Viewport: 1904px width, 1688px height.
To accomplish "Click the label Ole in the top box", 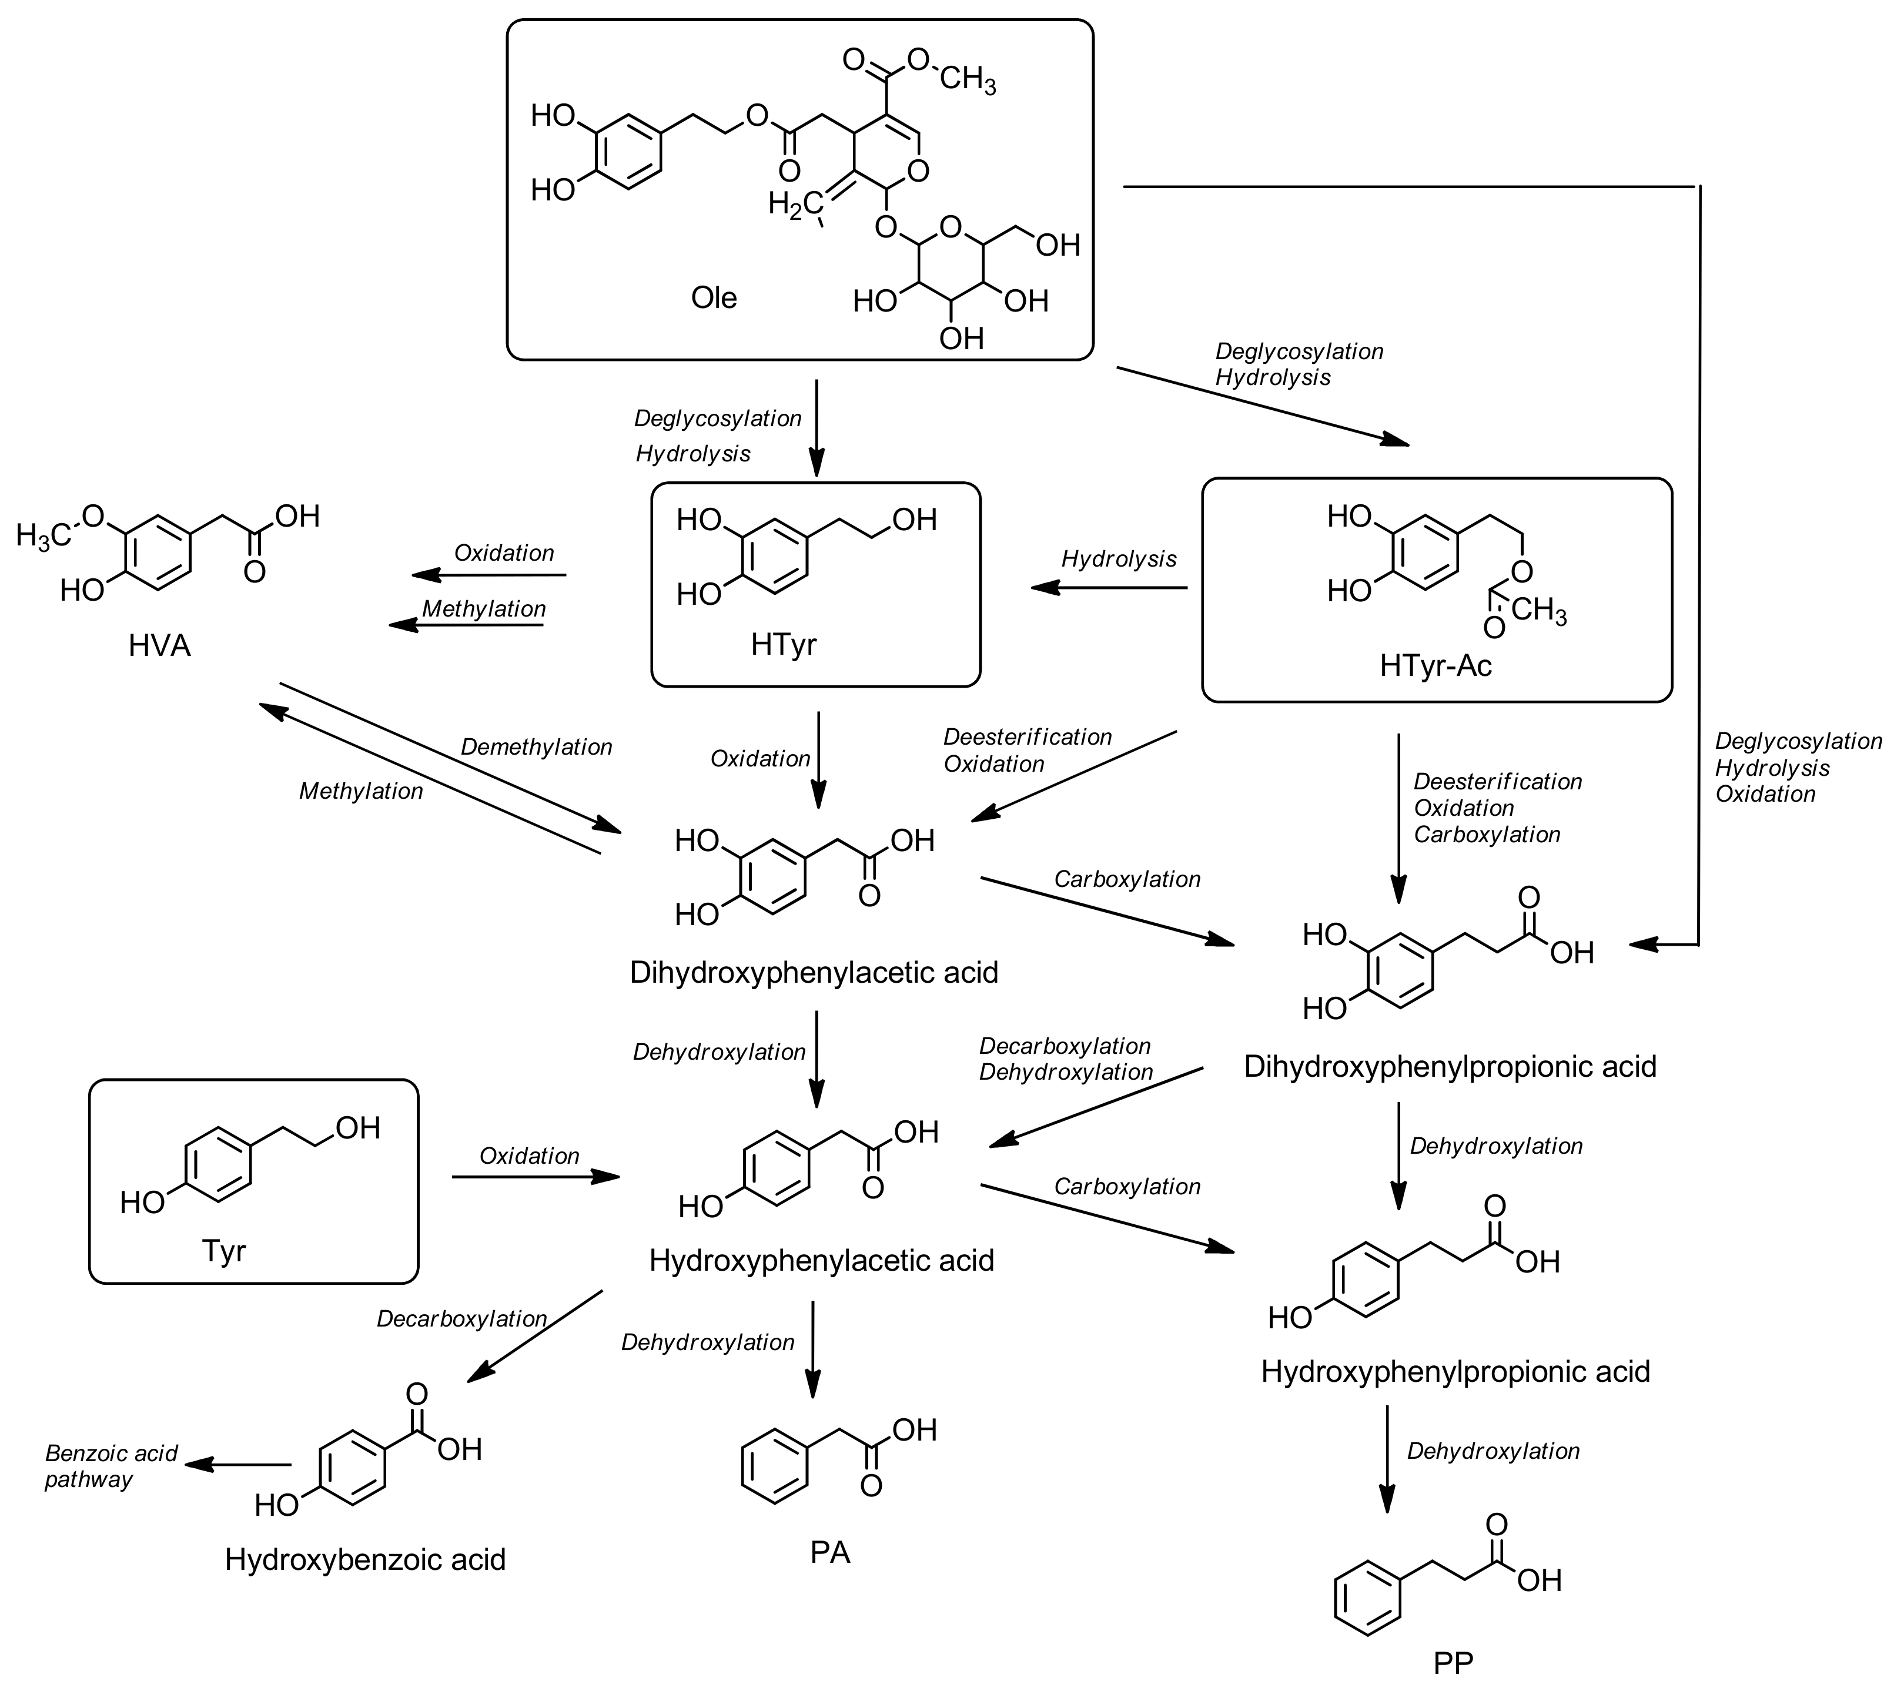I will [714, 298].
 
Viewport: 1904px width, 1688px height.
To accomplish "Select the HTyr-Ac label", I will [1435, 665].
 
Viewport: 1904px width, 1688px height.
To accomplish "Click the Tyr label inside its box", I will [223, 1250].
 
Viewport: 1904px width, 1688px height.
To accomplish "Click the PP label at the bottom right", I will [1453, 1663].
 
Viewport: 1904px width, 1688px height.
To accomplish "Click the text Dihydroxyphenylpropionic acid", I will [1450, 1067].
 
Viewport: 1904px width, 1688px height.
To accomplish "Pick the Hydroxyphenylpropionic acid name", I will [1455, 1371].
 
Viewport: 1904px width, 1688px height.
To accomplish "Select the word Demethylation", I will [537, 747].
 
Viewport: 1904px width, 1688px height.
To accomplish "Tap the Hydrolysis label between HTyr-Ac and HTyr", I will [1119, 559].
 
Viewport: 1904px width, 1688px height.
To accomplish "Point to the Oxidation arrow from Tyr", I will [536, 1177].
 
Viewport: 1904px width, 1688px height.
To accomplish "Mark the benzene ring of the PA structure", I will [774, 1467].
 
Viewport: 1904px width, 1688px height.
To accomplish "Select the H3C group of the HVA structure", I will [43, 535].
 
